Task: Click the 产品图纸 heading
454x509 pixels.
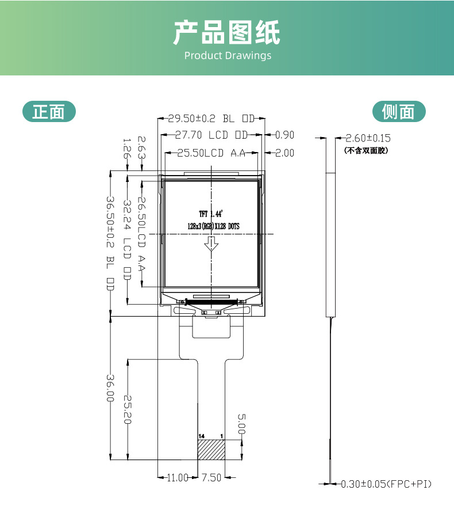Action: pos(227,32)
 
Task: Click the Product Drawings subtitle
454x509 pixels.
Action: pos(228,56)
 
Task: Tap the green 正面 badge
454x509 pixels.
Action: pos(49,112)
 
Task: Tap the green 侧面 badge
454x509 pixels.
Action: pos(398,112)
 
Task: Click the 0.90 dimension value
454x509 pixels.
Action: pos(284,135)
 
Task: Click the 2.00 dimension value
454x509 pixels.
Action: pos(284,153)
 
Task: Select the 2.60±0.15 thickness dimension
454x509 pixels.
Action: pos(368,138)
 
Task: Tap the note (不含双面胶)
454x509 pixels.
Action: pos(367,151)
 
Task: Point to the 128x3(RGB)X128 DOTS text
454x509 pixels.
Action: pos(213,226)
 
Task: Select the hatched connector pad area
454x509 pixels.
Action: pos(211,450)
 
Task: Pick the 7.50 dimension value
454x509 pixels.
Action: pos(211,477)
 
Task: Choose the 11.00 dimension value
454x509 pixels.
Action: pos(178,477)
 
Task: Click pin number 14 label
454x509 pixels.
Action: pos(201,436)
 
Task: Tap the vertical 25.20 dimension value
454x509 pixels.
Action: pos(127,409)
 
